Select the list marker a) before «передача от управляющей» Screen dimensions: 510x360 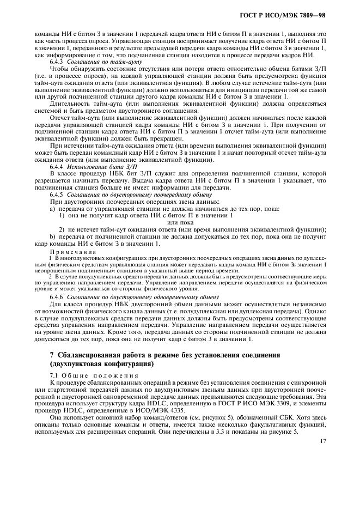(53, 209)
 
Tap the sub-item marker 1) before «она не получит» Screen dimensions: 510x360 (62, 215)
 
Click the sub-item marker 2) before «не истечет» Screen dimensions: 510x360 (62, 229)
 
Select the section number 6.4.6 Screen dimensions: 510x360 (57, 296)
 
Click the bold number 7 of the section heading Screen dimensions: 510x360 (52, 355)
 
